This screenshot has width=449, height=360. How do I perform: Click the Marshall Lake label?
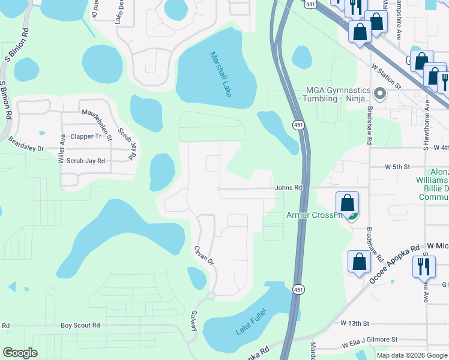click(221, 74)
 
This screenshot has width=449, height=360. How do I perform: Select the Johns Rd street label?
click(288, 188)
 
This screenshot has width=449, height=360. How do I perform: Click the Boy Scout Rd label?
click(80, 325)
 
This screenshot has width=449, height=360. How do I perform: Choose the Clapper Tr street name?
click(86, 136)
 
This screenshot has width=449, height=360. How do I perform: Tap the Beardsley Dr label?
click(26, 145)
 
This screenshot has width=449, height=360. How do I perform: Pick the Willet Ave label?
click(62, 149)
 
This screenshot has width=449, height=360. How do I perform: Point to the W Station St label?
click(386, 76)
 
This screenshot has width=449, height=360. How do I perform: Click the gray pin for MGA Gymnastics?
click(379, 94)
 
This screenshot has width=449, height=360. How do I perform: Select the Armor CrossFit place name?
click(313, 215)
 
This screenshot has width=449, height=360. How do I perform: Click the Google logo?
click(20, 353)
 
